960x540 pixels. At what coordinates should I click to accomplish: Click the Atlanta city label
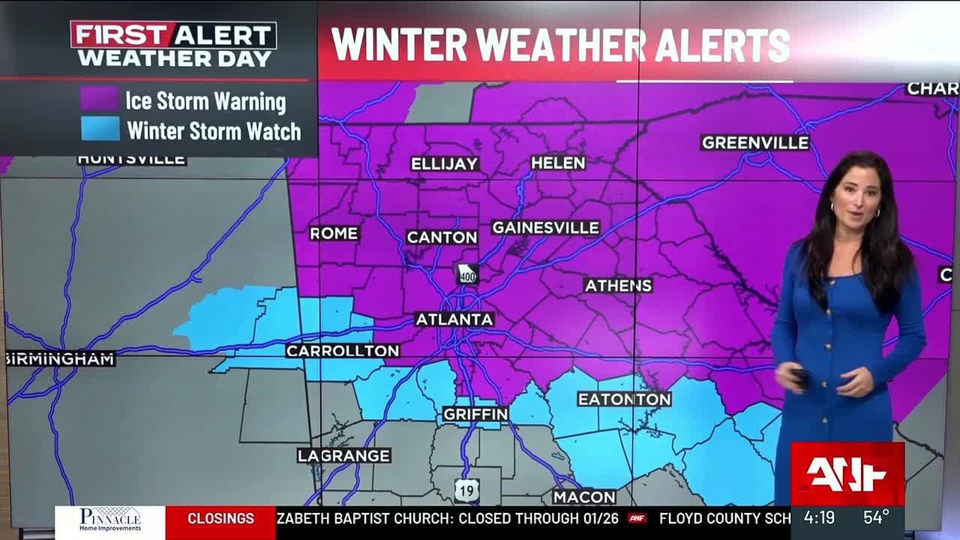pos(454,319)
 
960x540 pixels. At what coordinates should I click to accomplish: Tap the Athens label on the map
pos(618,286)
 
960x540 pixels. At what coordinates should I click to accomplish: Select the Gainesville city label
pos(545,228)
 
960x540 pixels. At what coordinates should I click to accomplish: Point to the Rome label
pos(334,234)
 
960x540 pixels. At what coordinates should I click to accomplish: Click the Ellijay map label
pos(444,164)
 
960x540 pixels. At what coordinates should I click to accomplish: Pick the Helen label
pos(557,163)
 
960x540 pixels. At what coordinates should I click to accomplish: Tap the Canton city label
pos(442,238)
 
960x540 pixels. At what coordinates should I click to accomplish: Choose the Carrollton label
pos(343,351)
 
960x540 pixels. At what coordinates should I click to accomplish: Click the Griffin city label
pos(475,414)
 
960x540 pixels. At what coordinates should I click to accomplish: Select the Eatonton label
pos(624,400)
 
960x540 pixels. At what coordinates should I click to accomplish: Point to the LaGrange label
pos(343,456)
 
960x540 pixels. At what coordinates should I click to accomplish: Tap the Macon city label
pos(584,497)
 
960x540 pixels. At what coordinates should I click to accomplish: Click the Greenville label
pos(755,142)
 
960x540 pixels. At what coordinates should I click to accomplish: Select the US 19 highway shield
pos(466,491)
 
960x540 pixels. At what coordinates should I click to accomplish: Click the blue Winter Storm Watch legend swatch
pos(100,130)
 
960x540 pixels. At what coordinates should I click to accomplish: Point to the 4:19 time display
pos(819,517)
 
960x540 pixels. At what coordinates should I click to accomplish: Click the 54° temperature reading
pos(876,517)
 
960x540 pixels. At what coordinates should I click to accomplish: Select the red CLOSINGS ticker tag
pos(220,518)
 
